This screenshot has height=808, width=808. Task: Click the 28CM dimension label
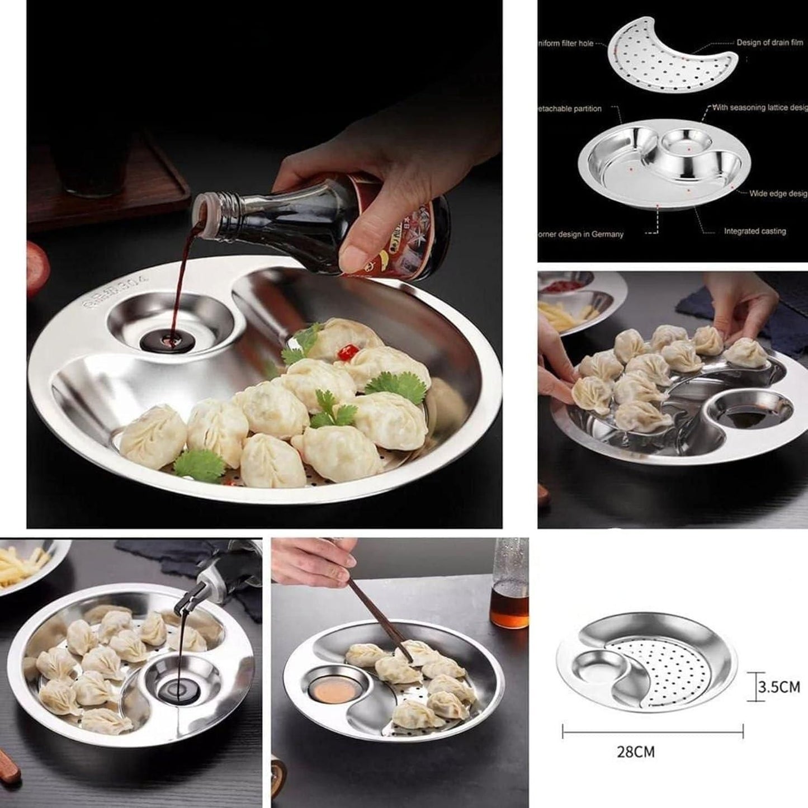coord(635,752)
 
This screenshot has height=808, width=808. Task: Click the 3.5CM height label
coord(779,687)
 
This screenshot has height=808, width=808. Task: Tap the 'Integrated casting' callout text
coord(754,231)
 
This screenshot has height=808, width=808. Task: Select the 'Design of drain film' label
coord(769,42)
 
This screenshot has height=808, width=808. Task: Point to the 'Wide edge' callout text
coord(778,193)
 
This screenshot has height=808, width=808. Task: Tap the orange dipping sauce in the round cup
coord(332,692)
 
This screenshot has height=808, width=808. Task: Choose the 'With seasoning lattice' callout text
coord(759,107)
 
